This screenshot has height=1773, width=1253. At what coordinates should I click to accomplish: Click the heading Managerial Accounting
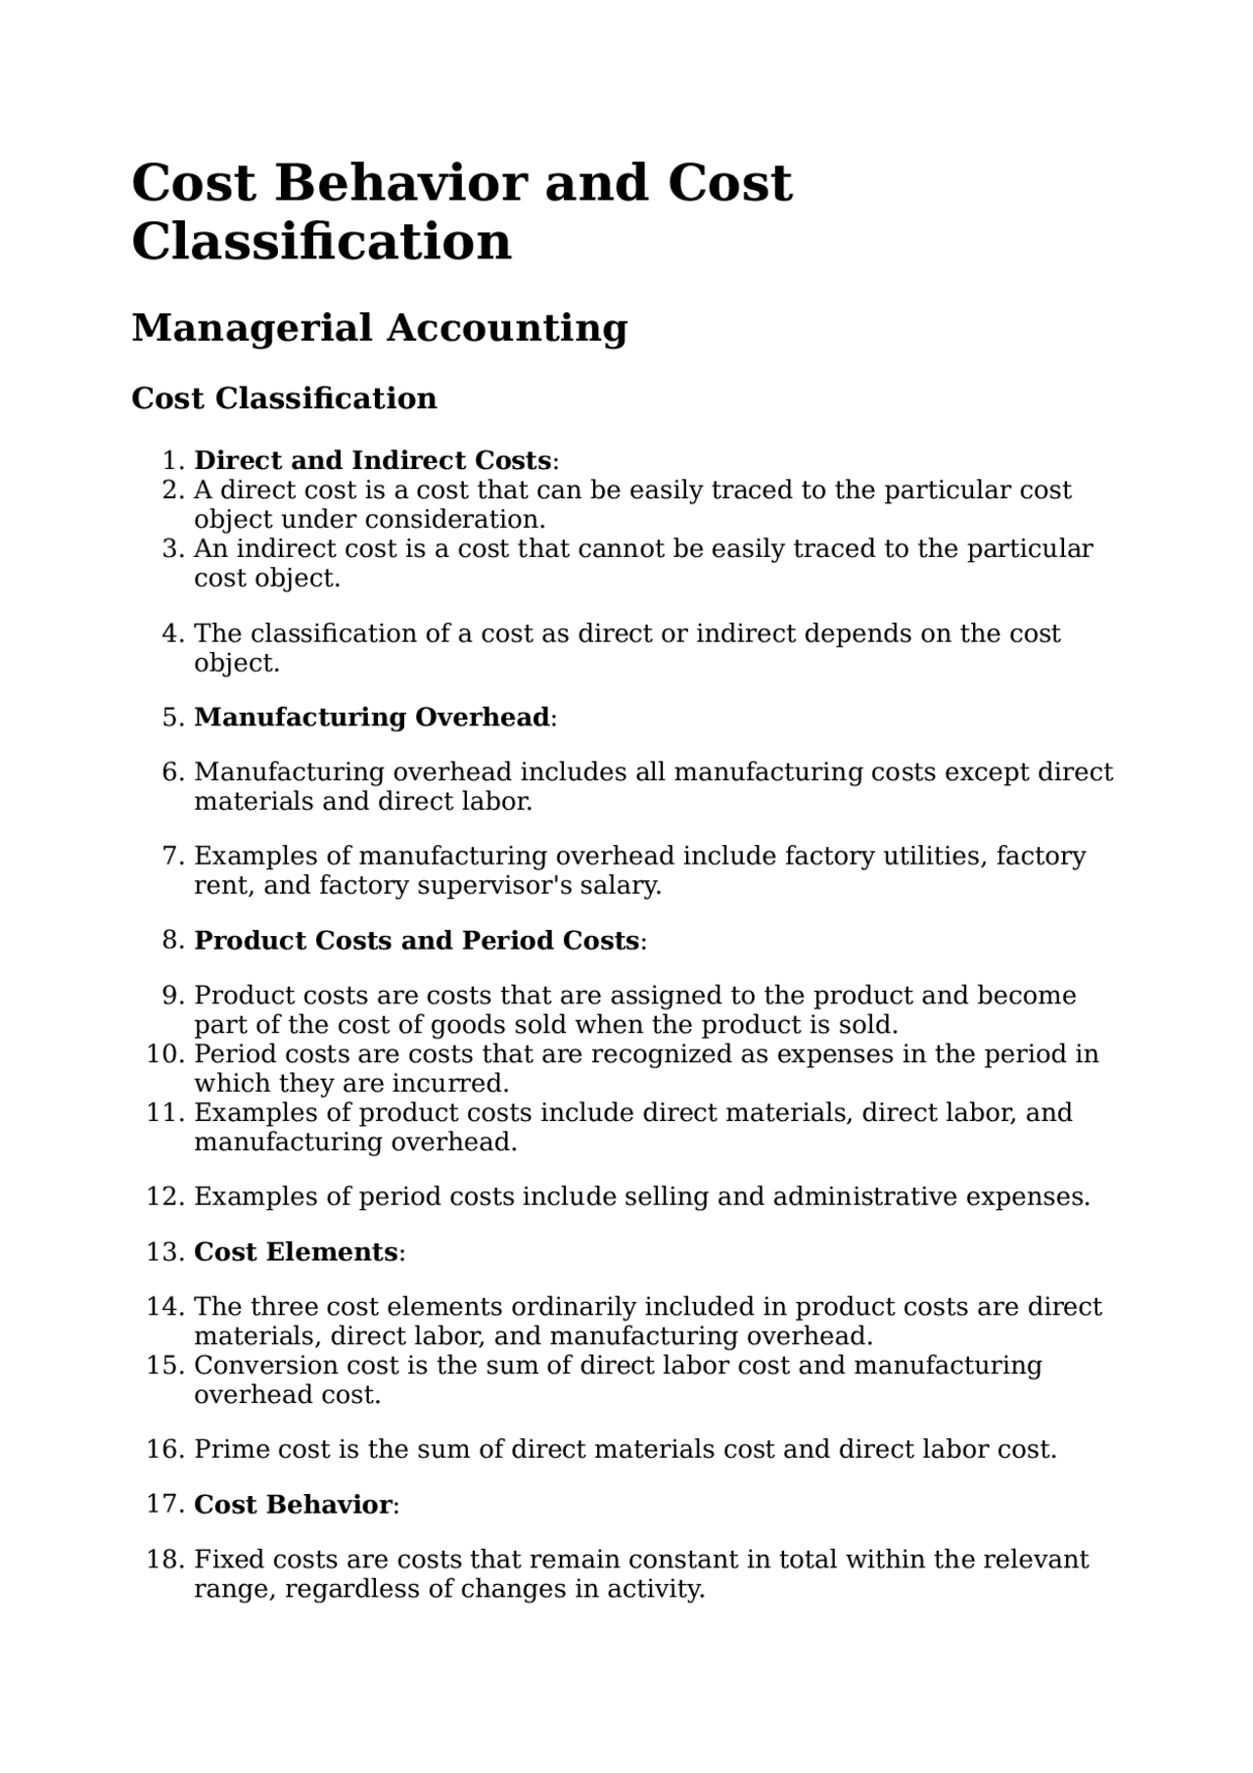(x=379, y=328)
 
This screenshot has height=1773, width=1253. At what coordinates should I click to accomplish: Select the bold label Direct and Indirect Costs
(x=372, y=460)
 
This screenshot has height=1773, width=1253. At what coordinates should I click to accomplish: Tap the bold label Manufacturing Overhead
(x=372, y=718)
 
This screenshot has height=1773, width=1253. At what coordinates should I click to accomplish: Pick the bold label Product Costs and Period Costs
(x=417, y=941)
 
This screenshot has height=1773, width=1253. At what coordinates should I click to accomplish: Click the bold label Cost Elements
(x=296, y=1252)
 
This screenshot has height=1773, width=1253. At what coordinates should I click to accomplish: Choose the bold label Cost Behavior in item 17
(x=293, y=1505)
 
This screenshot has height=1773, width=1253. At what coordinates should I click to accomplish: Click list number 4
(x=172, y=633)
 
